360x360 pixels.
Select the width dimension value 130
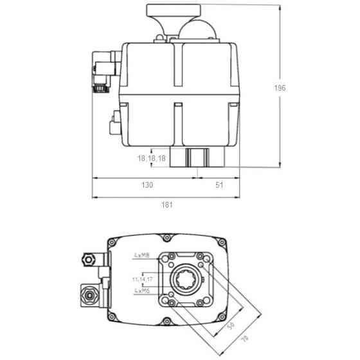(x=147, y=185)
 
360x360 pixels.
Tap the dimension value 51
(x=219, y=185)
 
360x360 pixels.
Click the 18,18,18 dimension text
(x=152, y=158)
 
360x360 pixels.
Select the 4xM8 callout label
(x=143, y=255)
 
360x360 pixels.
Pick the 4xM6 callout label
(x=143, y=291)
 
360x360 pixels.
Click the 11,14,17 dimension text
(x=142, y=280)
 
